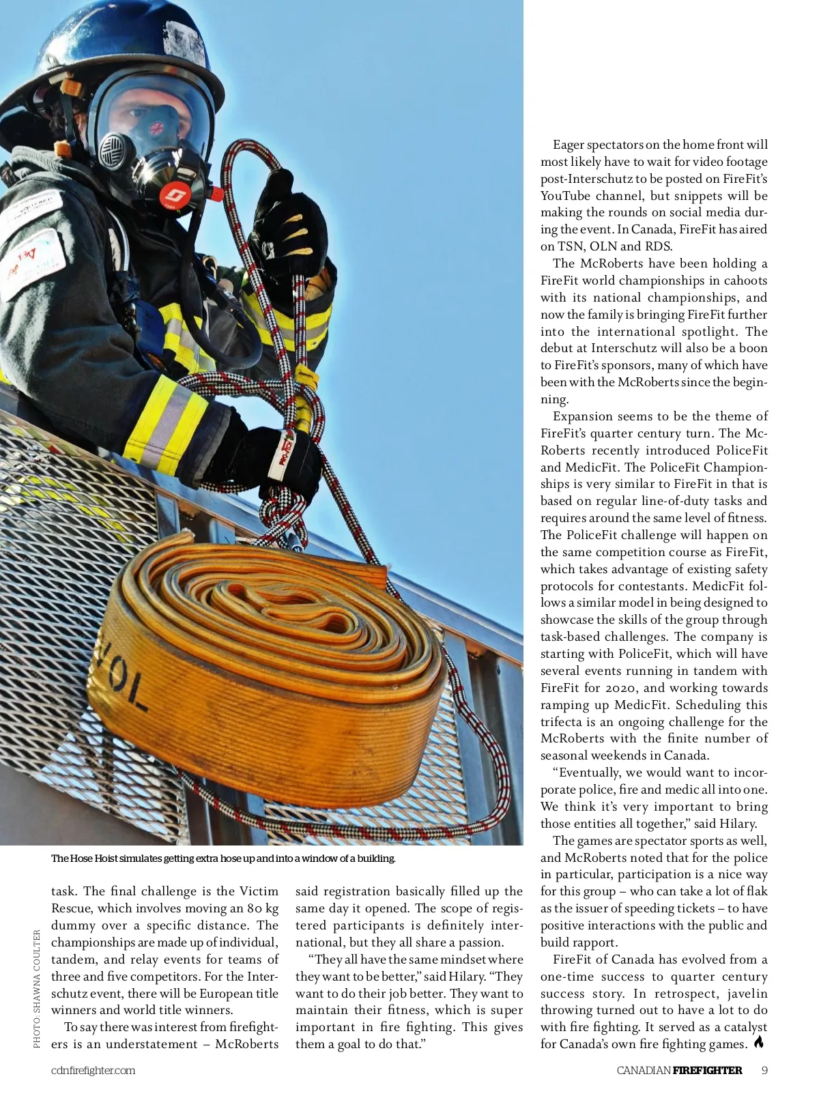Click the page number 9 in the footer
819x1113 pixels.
[x=764, y=1070]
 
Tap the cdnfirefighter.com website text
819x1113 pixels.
[x=93, y=1070]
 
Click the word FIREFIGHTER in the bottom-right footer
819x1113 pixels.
[x=707, y=1070]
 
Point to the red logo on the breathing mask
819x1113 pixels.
[x=171, y=198]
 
